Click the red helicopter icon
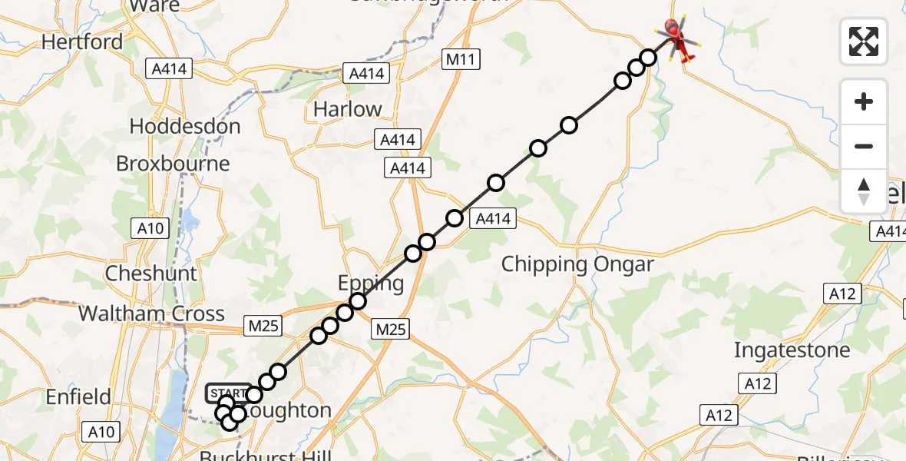click(676, 38)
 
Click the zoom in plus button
click(864, 101)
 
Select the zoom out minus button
click(864, 146)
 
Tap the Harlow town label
click(347, 109)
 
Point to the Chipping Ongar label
click(577, 264)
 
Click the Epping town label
click(372, 284)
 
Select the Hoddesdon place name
click(185, 126)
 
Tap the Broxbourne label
click(173, 163)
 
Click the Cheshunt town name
click(151, 273)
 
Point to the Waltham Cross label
click(151, 313)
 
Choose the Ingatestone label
click(792, 350)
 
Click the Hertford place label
click(82, 41)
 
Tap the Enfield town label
click(78, 397)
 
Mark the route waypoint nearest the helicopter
click(648, 58)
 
